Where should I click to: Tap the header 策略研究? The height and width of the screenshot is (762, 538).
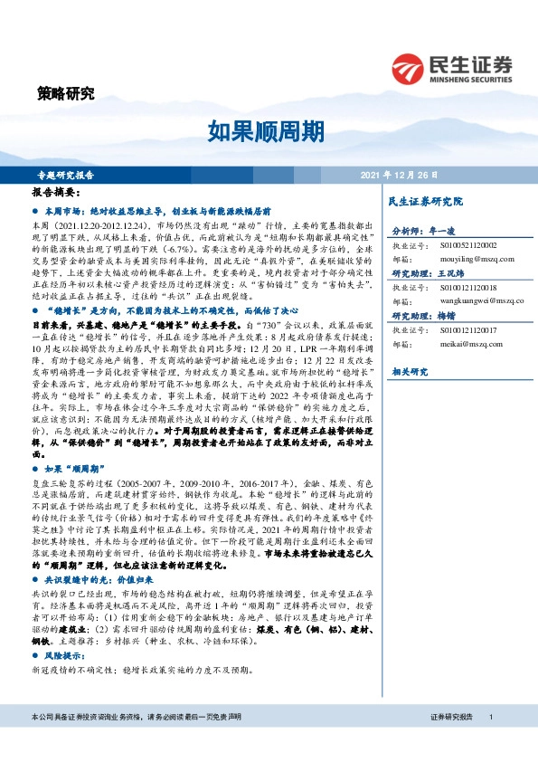tap(66, 92)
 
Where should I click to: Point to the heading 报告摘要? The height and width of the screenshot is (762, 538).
tap(56, 193)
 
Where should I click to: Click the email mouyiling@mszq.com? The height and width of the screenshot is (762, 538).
tap(465, 256)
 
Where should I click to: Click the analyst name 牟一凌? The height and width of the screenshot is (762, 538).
tap(441, 232)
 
